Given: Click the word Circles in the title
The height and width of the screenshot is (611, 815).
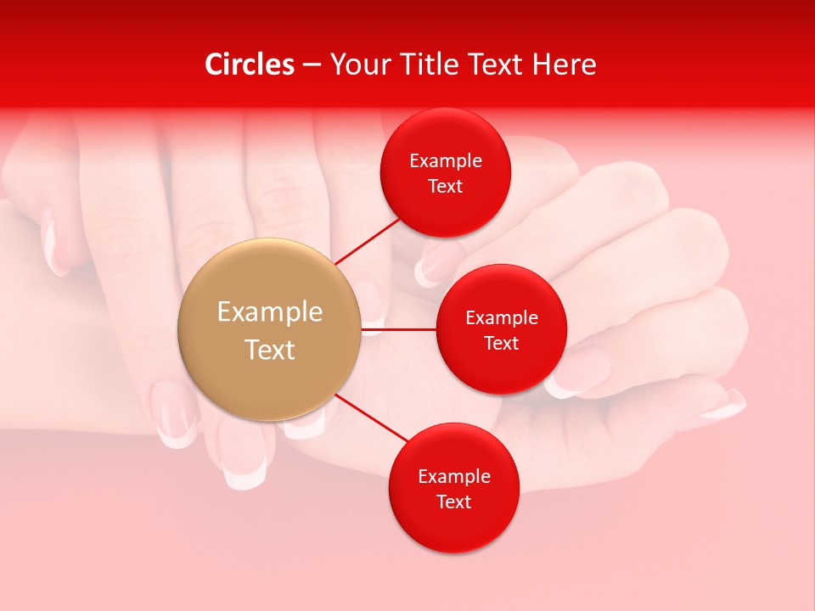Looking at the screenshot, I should [x=249, y=64].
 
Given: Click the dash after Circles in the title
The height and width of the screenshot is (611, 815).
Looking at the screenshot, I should [x=312, y=65].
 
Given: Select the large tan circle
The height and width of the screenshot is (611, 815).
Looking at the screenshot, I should [x=270, y=329].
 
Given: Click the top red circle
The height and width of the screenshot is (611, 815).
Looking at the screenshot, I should [x=446, y=173].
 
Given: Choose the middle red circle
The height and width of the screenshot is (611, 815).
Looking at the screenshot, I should [x=502, y=329].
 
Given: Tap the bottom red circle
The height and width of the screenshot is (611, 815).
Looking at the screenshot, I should [x=454, y=488].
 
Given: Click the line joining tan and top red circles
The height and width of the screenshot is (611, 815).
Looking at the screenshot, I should [x=368, y=241].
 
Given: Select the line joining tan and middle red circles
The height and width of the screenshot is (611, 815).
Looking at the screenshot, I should [x=399, y=329].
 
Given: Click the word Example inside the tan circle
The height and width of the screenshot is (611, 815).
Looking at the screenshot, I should [x=270, y=312].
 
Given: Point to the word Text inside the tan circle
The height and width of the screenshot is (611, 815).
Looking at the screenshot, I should [x=270, y=350].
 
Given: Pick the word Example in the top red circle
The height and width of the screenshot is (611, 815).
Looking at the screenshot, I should [x=446, y=161].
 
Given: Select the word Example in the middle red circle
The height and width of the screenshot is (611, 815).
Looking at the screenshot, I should [x=502, y=318].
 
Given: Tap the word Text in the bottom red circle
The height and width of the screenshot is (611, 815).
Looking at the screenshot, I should [x=454, y=502].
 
